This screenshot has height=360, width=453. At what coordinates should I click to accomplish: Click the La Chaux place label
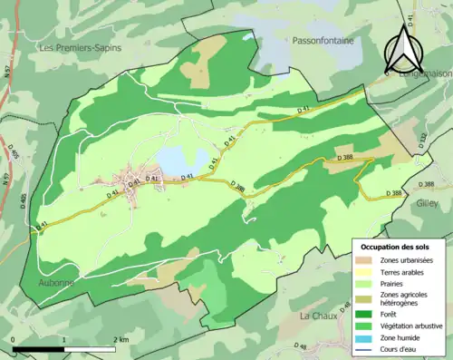[319, 316]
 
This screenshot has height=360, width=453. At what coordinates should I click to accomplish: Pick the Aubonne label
[56, 283]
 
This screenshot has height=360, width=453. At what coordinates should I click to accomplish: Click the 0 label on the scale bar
[14, 339]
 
